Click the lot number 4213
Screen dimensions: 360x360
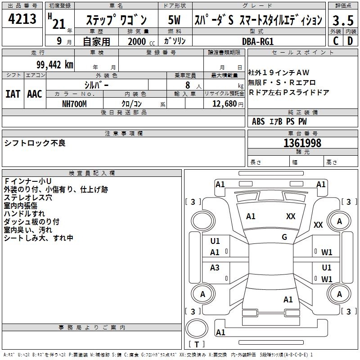pos(22,19)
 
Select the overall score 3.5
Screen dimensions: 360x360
pos(342,20)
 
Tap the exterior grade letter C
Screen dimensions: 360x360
pos(336,40)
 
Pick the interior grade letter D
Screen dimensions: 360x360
pos(350,40)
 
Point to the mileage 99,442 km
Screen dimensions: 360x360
pos(51,65)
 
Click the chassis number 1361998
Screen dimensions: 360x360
pos(302,143)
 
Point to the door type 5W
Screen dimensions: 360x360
pos(175,20)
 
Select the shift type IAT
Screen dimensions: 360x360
pos(13,94)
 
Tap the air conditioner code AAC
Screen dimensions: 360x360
pos(35,94)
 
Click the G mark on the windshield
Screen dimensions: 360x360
pos(284,237)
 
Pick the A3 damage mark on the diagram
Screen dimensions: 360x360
pos(215,268)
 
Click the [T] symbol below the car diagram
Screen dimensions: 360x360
pos(196,345)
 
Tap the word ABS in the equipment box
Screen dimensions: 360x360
pos(258,121)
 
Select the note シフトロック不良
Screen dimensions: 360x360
pos(35,143)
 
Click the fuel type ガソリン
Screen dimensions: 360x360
pos(174,41)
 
